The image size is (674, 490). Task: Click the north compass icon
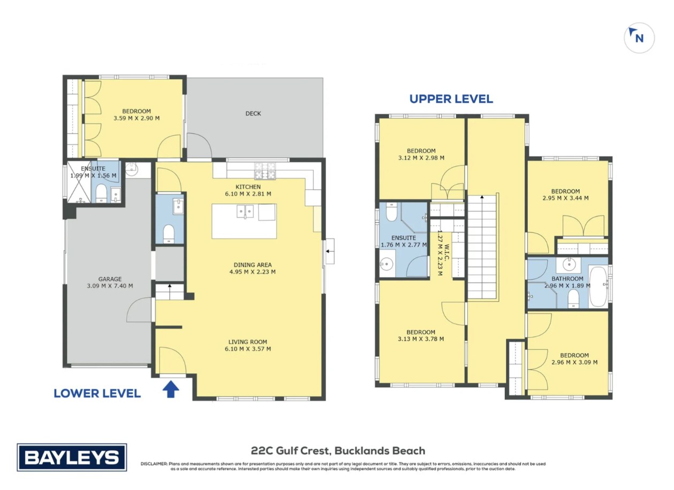(639, 38)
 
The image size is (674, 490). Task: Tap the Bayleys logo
(72, 457)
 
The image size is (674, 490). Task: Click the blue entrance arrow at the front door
(171, 389)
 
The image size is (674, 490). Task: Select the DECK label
(253, 113)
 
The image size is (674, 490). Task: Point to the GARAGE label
(110, 279)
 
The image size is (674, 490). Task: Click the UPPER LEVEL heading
(451, 99)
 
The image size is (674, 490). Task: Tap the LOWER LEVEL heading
(97, 394)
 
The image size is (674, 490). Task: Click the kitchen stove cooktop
(265, 171)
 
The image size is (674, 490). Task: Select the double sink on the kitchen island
(245, 211)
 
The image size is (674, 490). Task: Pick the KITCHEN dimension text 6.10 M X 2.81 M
(248, 194)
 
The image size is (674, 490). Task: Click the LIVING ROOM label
(247, 342)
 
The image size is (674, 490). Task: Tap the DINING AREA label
(253, 265)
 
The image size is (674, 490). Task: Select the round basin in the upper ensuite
(387, 265)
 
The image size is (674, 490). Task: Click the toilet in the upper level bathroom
(574, 298)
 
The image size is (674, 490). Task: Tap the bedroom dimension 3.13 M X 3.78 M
(421, 339)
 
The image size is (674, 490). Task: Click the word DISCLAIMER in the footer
(154, 464)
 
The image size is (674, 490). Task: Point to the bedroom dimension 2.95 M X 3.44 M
(565, 198)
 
